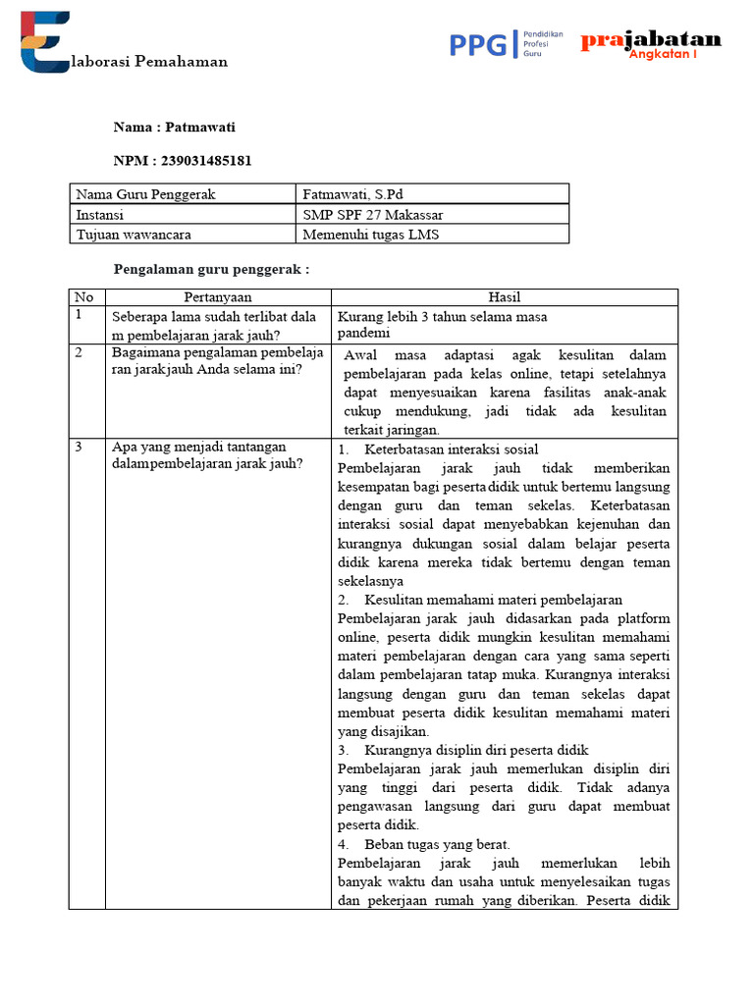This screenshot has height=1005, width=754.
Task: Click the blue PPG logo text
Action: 478,44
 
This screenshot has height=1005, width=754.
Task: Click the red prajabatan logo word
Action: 651,40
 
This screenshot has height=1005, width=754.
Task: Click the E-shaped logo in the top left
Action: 44,42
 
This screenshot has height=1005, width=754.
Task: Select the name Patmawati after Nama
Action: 200,128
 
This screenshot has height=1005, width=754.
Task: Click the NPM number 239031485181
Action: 205,161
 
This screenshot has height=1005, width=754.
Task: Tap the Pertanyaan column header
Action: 218,297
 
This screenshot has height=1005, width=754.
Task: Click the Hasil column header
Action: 504,297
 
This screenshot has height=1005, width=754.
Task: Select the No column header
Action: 84,297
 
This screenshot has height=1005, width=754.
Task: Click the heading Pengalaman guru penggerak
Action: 212,269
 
